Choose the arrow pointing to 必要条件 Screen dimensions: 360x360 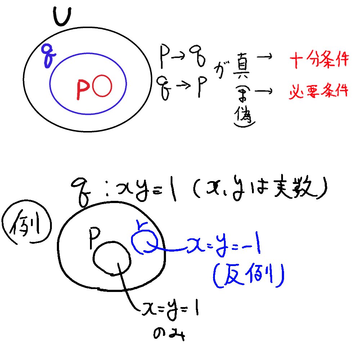(x=267, y=92)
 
